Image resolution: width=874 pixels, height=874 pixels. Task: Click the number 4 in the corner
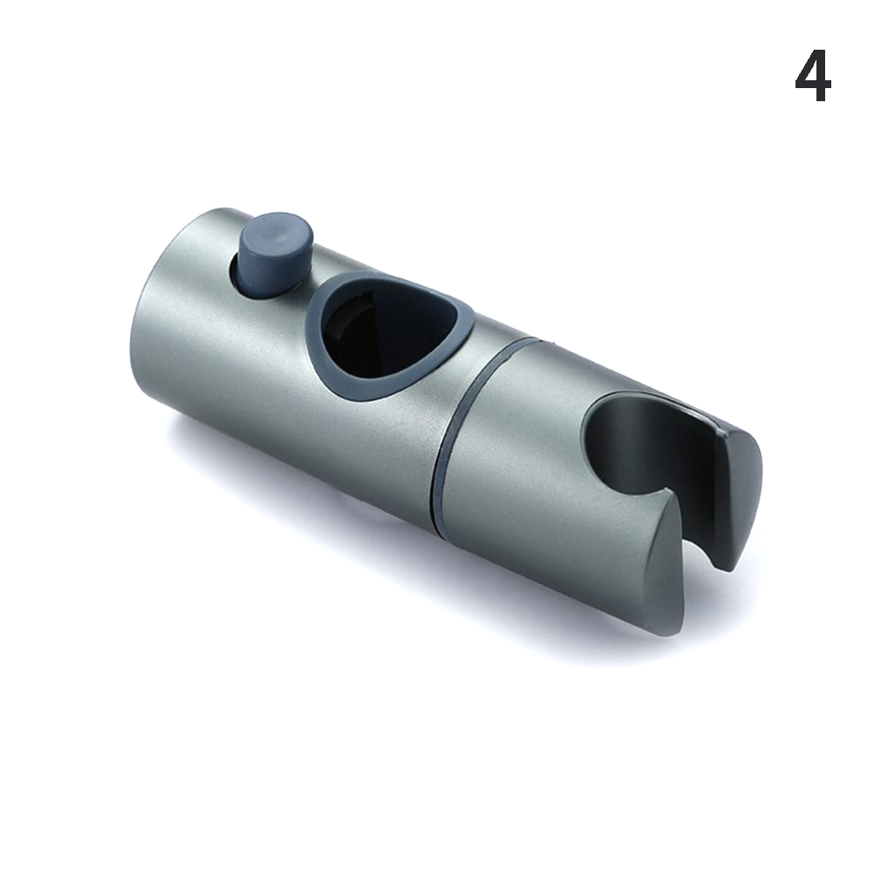coord(813,78)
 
